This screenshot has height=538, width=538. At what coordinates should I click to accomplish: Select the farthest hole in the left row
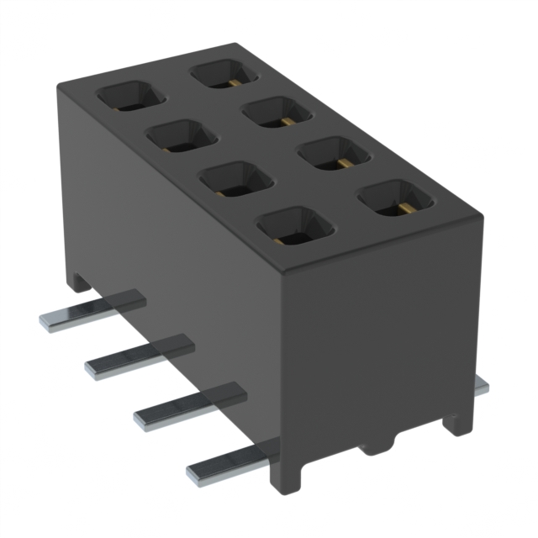(130, 96)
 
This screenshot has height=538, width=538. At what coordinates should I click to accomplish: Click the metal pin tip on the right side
(481, 384)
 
